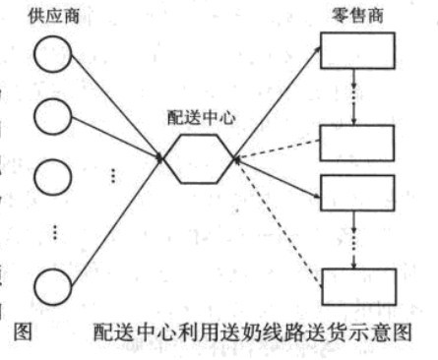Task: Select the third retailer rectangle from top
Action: (357, 194)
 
